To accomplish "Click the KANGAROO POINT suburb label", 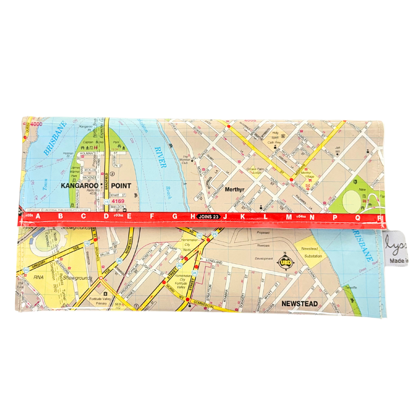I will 96,186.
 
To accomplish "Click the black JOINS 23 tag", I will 209,217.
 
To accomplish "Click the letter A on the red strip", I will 38,217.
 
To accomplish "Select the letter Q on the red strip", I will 357,217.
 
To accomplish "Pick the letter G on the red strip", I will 175,217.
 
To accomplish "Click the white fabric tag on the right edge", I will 396,249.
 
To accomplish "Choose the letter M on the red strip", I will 289,217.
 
